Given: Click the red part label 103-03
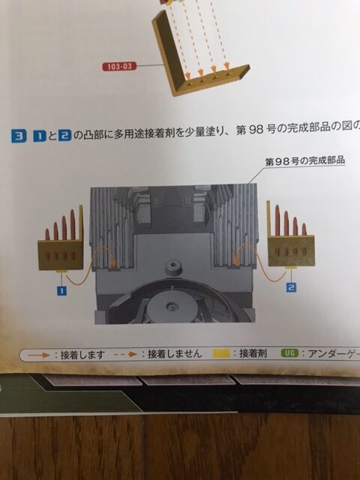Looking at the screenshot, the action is (119, 66).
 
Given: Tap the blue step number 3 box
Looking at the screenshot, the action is (19, 136).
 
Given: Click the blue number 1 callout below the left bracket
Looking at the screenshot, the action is (61, 290).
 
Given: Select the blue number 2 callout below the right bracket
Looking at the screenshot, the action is (292, 287).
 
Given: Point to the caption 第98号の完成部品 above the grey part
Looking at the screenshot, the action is (305, 160).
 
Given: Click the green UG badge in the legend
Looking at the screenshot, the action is (289, 353).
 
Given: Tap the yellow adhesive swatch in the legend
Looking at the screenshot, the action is (221, 353).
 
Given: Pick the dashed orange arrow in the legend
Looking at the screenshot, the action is (125, 355).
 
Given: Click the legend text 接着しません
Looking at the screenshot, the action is (175, 354).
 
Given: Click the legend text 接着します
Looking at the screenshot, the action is (82, 355).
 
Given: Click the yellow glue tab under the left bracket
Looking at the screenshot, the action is (62, 271).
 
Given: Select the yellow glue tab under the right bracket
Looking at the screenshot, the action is (291, 268).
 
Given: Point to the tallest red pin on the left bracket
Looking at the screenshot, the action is (73, 224).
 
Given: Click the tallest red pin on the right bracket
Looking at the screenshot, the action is (277, 220).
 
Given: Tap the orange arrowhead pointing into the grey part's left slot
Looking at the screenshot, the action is (114, 262).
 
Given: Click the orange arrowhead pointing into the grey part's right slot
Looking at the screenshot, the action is (237, 260).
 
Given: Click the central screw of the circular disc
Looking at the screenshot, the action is (172, 307).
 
